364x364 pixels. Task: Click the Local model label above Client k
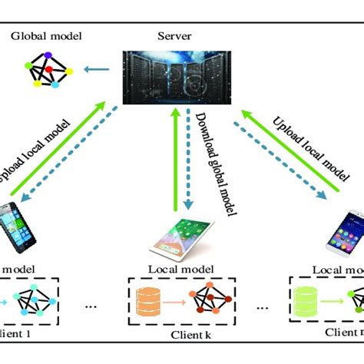coord(183,271)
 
